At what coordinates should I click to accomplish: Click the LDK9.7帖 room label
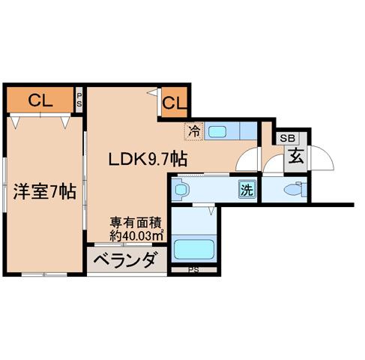(148, 159)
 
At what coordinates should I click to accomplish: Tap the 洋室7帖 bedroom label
(44, 191)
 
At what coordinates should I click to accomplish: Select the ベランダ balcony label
(126, 260)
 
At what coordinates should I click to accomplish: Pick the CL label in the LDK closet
(175, 103)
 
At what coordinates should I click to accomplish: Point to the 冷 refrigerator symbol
(194, 131)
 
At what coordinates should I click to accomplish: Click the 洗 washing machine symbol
(247, 189)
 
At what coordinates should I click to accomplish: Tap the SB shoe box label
(288, 138)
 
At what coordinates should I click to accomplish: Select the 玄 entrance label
(296, 157)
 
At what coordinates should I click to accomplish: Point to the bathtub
(194, 249)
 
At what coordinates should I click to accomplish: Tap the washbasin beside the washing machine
(181, 190)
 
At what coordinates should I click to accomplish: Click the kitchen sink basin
(217, 131)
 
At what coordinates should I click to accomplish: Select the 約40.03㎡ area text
(137, 235)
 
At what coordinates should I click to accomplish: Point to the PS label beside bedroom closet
(79, 100)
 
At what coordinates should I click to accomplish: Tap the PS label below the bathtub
(193, 270)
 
